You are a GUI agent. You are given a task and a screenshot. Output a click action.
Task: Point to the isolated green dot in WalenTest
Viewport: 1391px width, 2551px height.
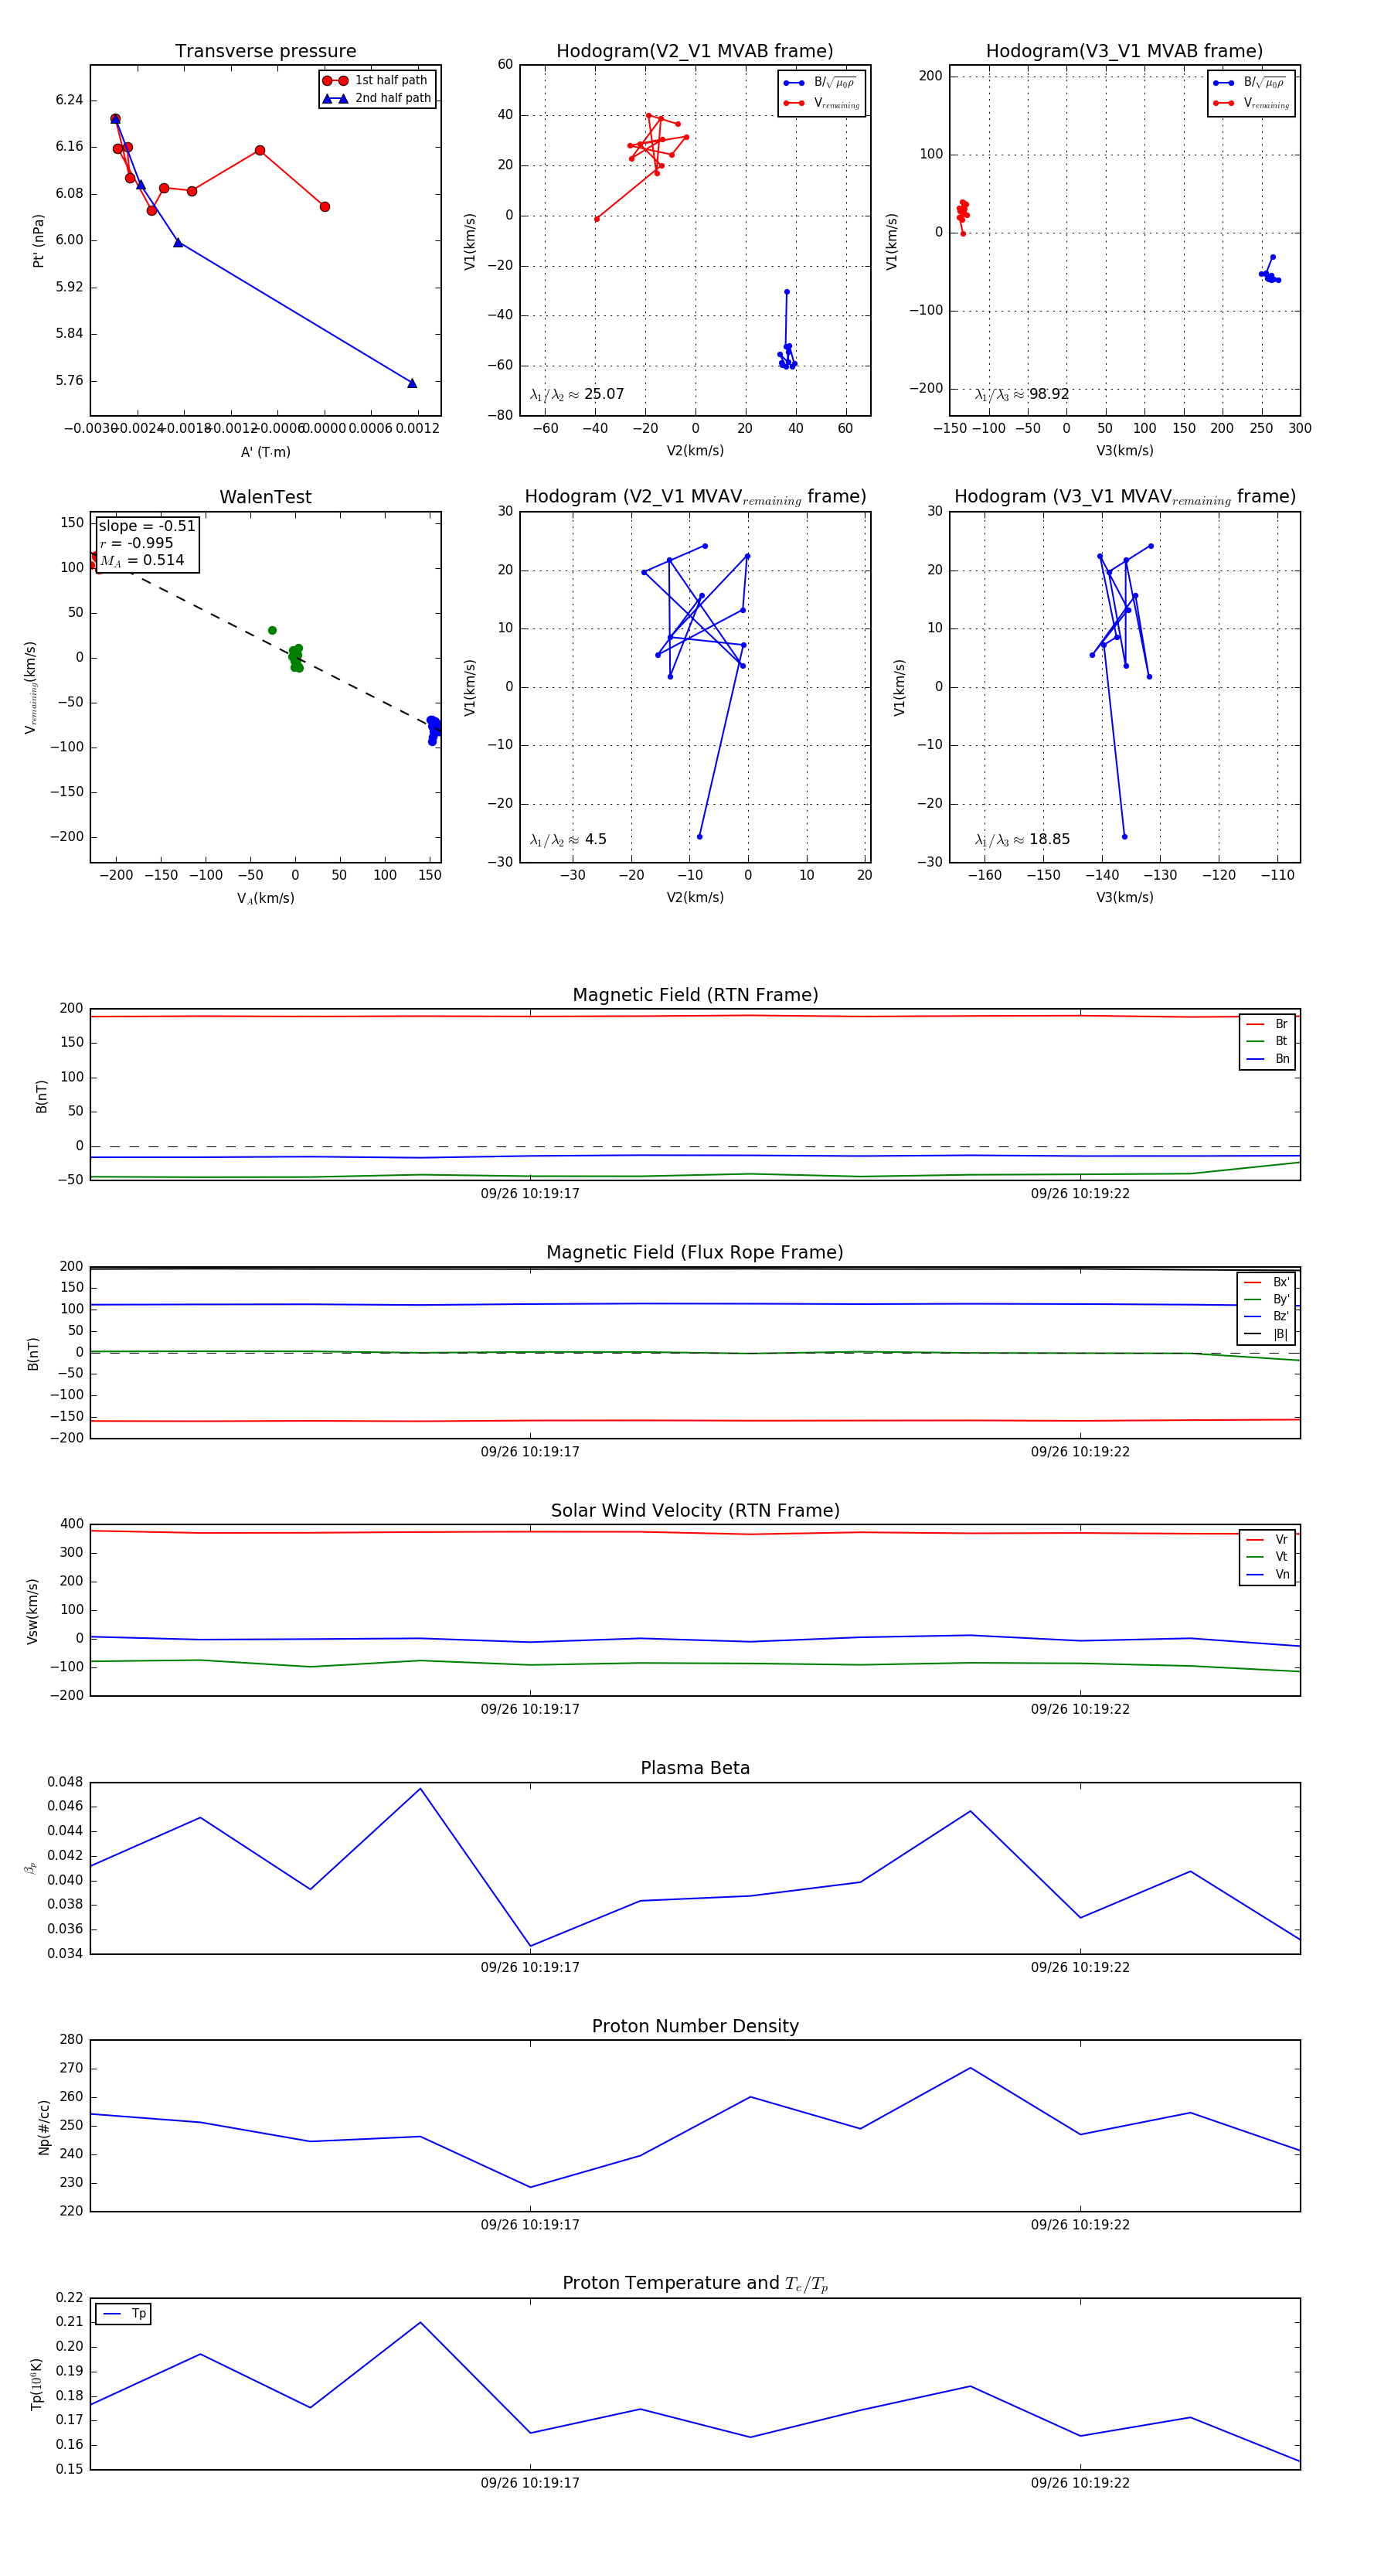click(x=272, y=631)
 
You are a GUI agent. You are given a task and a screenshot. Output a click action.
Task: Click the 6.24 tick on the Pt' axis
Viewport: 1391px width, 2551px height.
click(x=70, y=100)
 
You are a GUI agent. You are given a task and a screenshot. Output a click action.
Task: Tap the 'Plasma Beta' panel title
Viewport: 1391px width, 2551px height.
click(x=695, y=1769)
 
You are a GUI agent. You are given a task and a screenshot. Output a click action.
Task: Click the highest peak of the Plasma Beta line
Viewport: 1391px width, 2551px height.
click(x=420, y=1789)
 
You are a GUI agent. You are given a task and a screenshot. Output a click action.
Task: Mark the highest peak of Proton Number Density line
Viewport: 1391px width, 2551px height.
click(x=971, y=2068)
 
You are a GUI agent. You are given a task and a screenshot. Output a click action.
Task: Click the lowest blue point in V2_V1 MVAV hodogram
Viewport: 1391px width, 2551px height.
click(x=700, y=836)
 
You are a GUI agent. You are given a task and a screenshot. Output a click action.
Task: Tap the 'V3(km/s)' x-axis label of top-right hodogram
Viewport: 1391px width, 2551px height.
click(x=1124, y=451)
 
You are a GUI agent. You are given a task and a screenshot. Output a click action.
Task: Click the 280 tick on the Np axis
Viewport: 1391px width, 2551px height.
click(x=71, y=2040)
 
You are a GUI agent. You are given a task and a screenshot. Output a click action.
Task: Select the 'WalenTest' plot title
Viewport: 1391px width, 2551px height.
click(x=265, y=497)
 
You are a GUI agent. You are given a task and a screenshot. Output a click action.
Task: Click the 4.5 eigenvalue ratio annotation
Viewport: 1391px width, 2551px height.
click(x=595, y=840)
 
